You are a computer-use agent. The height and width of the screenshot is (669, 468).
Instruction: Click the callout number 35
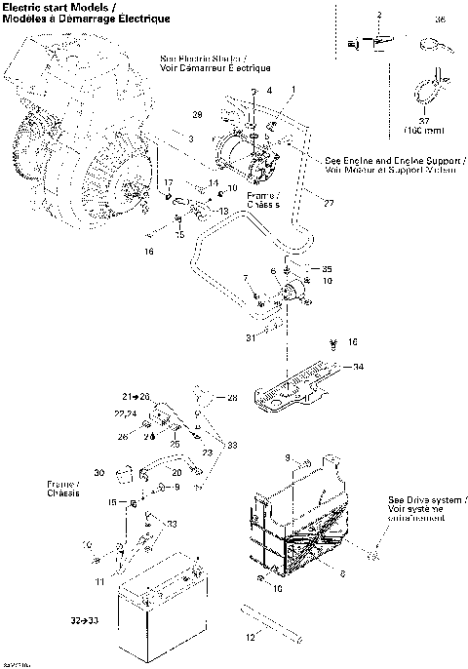pos(327,268)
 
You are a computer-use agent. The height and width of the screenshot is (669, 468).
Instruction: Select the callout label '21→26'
pos(136,398)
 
